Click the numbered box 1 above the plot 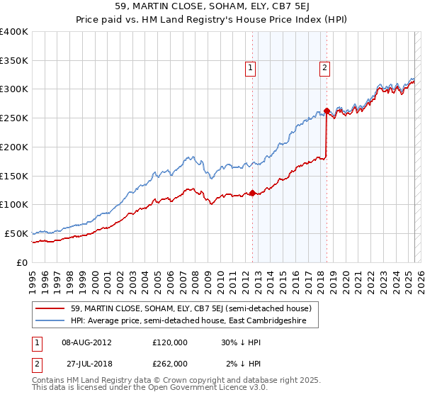pos(251,68)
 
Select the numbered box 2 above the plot pos(324,68)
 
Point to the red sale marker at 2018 pos(327,111)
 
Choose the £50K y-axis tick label pos(16,233)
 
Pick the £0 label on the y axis pos(23,262)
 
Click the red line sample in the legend pos(50,309)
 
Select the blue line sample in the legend pos(50,321)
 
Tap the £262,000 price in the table pos(170,363)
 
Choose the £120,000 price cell pos(170,342)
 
